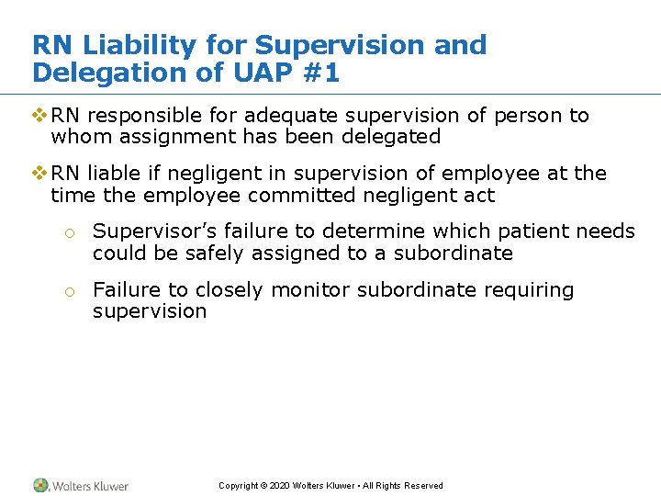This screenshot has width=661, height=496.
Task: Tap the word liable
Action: tap(111, 174)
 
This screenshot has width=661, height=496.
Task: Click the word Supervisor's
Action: tap(151, 231)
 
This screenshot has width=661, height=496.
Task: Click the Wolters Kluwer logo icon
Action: tap(40, 485)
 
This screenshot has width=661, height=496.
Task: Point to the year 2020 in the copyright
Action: tap(278, 486)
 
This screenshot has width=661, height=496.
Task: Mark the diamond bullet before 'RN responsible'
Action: tap(39, 116)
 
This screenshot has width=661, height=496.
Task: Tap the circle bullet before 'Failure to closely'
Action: tap(69, 292)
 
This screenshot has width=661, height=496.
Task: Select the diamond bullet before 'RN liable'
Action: tap(39, 174)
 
